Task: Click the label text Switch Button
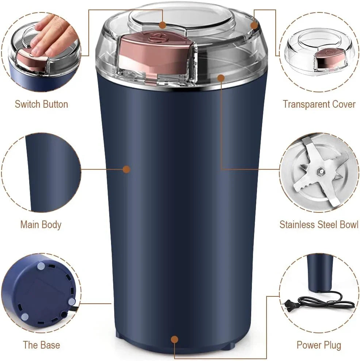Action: click(x=41, y=104)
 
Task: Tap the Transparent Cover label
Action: click(x=319, y=104)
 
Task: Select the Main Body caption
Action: click(x=41, y=224)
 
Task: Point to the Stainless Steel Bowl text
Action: click(x=319, y=224)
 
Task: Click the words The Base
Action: click(x=41, y=345)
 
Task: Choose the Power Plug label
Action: click(x=319, y=345)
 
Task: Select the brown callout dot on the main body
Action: click(x=126, y=169)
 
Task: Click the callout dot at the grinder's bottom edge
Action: click(x=175, y=339)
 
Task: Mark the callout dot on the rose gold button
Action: click(x=162, y=25)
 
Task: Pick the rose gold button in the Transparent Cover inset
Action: click(x=329, y=58)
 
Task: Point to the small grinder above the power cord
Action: click(x=320, y=272)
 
